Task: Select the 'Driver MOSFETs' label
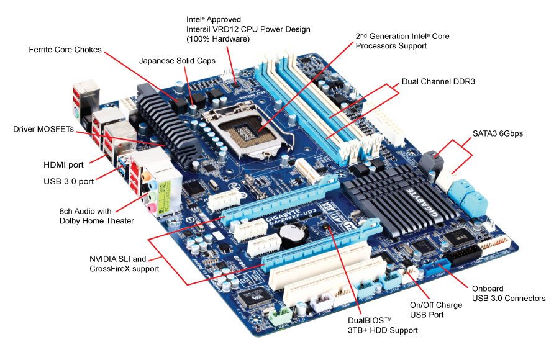[x=43, y=129]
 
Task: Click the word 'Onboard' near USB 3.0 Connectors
[x=488, y=289]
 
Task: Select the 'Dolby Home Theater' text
[x=96, y=221]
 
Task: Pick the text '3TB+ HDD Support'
[x=383, y=331]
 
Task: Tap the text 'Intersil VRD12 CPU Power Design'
[x=248, y=29]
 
